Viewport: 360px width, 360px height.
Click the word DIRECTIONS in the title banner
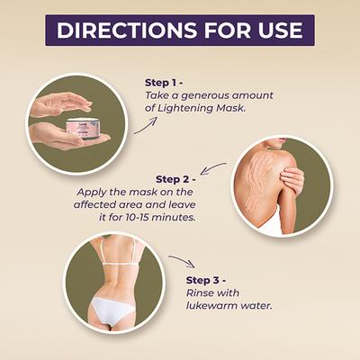pos(127,30)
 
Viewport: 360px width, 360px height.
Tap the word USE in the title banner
pos(280,30)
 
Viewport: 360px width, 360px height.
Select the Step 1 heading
pos(165,83)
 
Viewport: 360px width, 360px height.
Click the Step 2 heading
pos(175,179)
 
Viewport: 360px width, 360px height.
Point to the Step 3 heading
pos(206,280)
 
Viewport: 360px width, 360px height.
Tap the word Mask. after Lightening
pos(230,108)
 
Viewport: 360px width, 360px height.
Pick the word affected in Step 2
pos(94,204)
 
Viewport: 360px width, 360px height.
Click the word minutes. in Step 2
pos(174,217)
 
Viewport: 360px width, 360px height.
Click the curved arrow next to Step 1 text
pos(146,125)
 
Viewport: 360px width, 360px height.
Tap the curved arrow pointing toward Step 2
pos(212,168)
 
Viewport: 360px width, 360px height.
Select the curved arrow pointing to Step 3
pos(182,260)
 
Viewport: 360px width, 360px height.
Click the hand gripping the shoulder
pos(292,180)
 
